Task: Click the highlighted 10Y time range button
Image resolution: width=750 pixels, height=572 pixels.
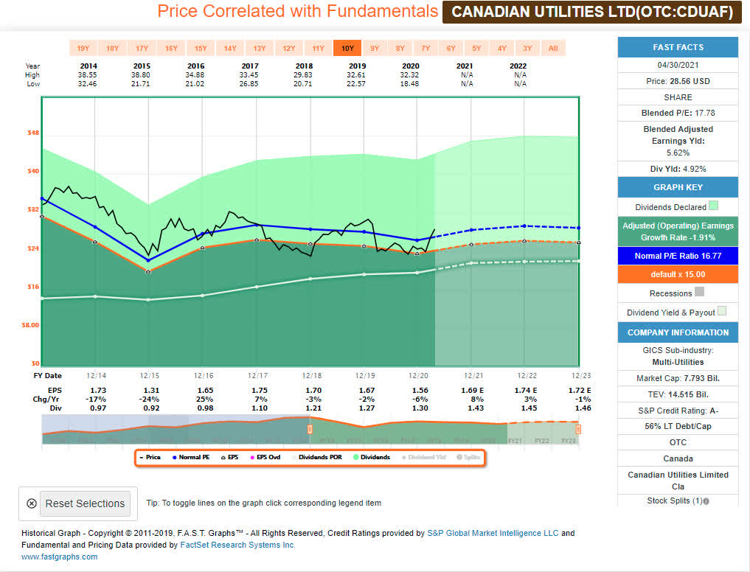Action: point(347,49)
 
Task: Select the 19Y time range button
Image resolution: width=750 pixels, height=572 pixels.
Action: point(83,49)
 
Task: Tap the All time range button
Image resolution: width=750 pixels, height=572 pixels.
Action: point(552,49)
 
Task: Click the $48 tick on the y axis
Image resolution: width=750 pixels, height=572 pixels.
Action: point(33,133)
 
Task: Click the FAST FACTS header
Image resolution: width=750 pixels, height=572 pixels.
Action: point(678,47)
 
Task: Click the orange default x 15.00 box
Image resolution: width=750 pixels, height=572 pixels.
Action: point(678,274)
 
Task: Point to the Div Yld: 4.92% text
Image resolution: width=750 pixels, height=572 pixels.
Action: point(678,169)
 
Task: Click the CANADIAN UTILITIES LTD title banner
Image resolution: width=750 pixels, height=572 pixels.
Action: point(591,12)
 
